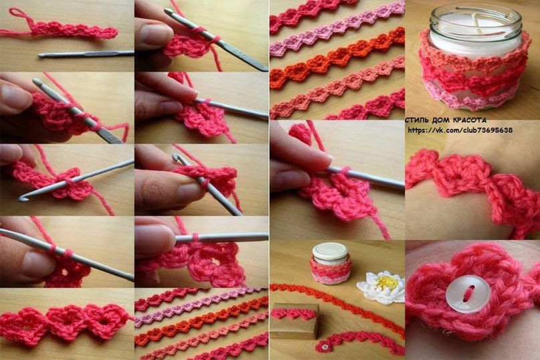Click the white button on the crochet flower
467,294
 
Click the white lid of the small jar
330,251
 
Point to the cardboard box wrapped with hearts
294,321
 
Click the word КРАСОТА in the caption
469,120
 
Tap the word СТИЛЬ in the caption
417,120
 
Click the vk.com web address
460,130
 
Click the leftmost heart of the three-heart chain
22,325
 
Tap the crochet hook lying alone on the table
86,54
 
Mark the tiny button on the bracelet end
324,345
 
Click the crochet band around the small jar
330,271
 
